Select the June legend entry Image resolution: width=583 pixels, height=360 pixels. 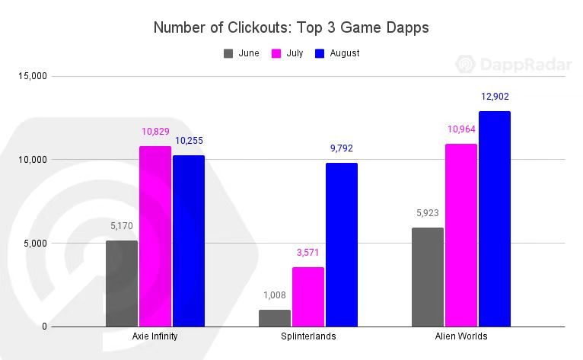pyautogui.click(x=241, y=53)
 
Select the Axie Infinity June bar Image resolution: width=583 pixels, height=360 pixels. pyautogui.click(x=122, y=283)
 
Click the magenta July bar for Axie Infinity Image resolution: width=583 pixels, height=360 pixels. pyautogui.click(x=155, y=236)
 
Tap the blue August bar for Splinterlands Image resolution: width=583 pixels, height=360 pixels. pyautogui.click(x=341, y=244)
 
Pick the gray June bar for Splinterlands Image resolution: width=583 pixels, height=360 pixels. pyautogui.click(x=275, y=318)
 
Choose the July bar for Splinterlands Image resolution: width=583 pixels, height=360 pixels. pyautogui.click(x=308, y=297)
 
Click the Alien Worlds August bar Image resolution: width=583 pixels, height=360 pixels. pyautogui.click(x=494, y=218)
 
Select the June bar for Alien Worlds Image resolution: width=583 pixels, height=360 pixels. pyautogui.click(x=428, y=277)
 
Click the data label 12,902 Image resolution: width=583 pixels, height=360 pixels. pyautogui.click(x=495, y=97)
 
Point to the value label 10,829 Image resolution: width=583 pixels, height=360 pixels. pyautogui.click(x=155, y=132)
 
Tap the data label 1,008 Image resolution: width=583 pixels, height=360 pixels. pyautogui.click(x=275, y=295)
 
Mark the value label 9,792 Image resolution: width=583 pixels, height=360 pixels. pyautogui.click(x=341, y=148)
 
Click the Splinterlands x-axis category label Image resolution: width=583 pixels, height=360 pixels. pyautogui.click(x=307, y=336)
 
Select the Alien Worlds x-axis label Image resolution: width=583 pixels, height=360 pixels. pyautogui.click(x=460, y=336)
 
